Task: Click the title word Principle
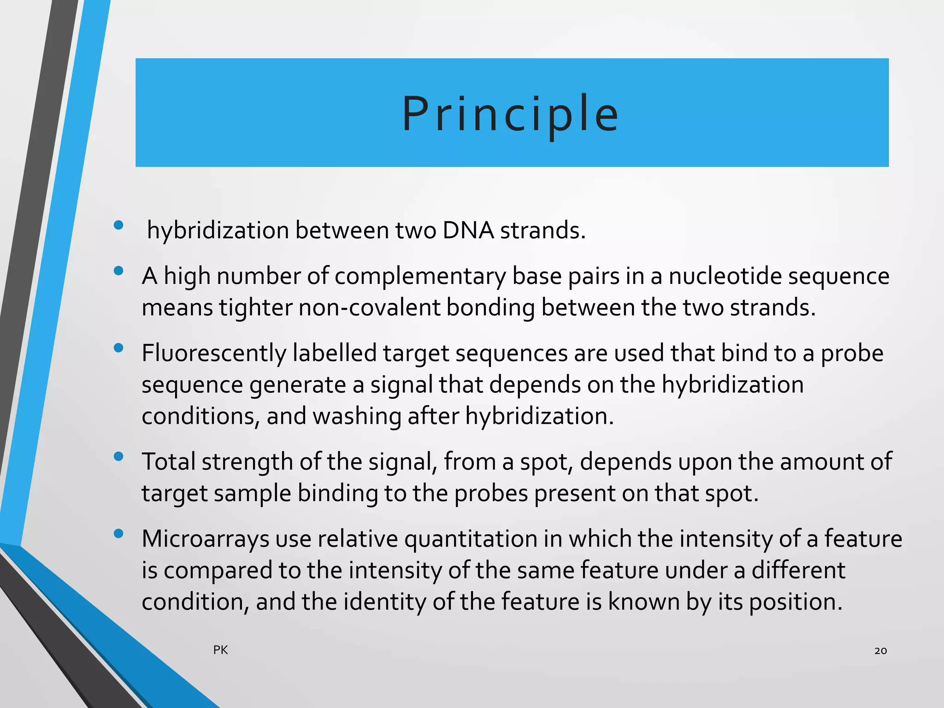pyautogui.click(x=510, y=114)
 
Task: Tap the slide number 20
pyautogui.click(x=880, y=650)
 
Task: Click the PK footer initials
pyautogui.click(x=220, y=650)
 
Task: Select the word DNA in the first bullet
pyautogui.click(x=468, y=230)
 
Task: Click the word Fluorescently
pyautogui.click(x=214, y=354)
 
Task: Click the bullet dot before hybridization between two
pyautogui.click(x=118, y=225)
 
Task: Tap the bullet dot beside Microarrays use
pyautogui.click(x=118, y=534)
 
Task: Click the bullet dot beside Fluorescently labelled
pyautogui.click(x=118, y=348)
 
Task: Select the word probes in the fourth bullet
pyautogui.click(x=491, y=494)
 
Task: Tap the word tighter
pyautogui.click(x=255, y=307)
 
